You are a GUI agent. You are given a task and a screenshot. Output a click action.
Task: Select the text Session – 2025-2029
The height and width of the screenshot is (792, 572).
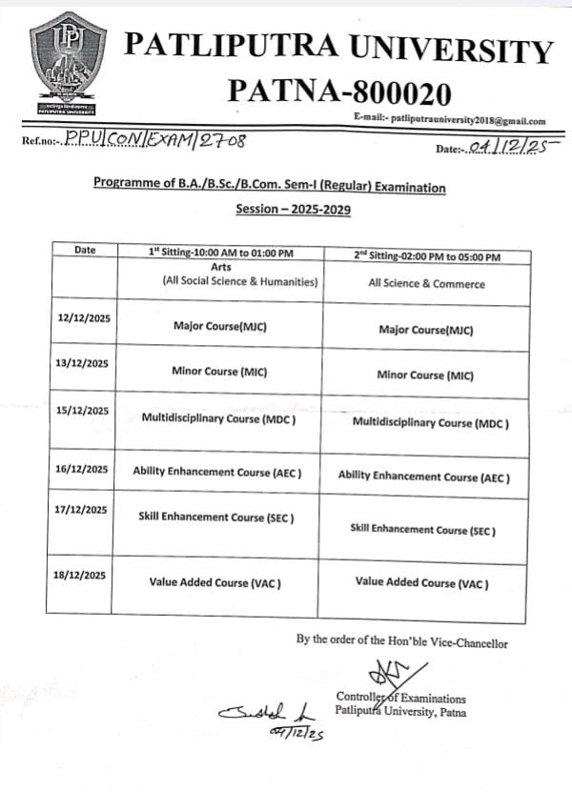[x=269, y=208]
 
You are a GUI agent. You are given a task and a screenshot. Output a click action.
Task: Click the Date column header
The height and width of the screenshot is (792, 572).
[x=85, y=250]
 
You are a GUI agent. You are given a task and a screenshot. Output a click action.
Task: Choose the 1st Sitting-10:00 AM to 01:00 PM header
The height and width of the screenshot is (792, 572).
[x=220, y=252]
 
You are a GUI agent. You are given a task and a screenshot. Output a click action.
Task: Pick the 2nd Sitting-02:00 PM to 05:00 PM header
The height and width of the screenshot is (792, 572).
[x=426, y=256]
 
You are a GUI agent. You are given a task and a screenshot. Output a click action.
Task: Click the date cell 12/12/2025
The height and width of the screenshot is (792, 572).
[x=84, y=316]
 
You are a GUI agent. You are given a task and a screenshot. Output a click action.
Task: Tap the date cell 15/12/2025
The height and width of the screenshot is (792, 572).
[x=84, y=411]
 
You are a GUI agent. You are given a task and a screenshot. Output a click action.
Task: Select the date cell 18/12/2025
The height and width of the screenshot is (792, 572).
[x=84, y=575]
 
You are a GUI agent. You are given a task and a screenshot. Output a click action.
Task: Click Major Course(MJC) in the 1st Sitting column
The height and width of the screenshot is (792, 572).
[x=220, y=326]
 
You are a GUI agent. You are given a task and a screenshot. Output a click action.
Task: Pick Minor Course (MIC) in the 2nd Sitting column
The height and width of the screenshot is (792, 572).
[x=425, y=375]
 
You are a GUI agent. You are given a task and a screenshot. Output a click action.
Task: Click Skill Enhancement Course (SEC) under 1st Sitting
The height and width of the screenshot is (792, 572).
[x=216, y=517]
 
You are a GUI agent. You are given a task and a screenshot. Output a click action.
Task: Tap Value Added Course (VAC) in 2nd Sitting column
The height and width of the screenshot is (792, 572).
[x=421, y=581]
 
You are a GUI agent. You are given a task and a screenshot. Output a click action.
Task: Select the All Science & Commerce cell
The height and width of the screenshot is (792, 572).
[x=426, y=283]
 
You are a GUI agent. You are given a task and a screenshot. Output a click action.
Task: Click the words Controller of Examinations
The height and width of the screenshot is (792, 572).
[x=401, y=699]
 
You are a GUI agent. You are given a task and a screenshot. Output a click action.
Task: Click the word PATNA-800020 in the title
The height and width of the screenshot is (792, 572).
[x=339, y=91]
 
